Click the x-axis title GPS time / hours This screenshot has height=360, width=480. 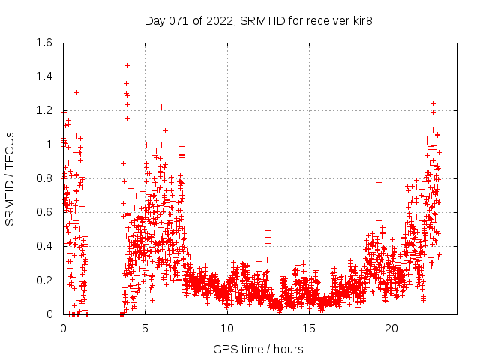coord(258,349)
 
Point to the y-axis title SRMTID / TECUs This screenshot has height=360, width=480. coord(10,178)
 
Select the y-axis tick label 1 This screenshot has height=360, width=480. coord(49,145)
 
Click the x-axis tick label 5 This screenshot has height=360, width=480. coord(145,328)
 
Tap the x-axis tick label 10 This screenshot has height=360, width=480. coord(227,328)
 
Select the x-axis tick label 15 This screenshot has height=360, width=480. coord(310,328)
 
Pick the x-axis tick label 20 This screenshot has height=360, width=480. coord(391,328)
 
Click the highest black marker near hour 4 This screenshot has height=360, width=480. coord(127,65)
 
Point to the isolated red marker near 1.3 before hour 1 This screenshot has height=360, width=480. coord(76,92)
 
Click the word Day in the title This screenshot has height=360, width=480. coord(154,21)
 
